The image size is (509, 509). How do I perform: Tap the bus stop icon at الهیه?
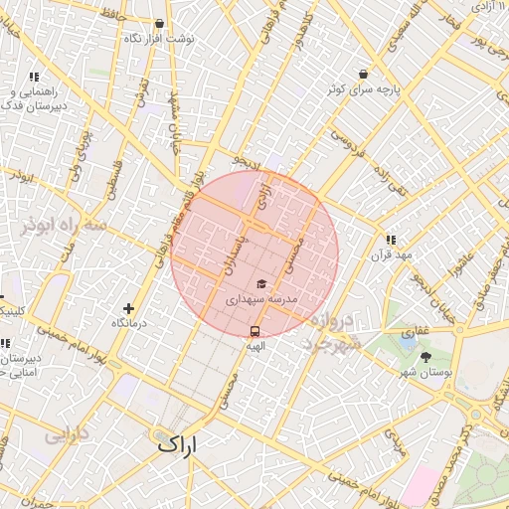[x=255, y=331]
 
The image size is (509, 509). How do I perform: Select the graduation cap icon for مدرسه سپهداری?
[x=260, y=284]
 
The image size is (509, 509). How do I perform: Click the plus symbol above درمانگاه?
[x=128, y=308]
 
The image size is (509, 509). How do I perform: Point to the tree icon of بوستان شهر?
[x=425, y=356]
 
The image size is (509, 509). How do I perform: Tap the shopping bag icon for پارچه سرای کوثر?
[x=363, y=74]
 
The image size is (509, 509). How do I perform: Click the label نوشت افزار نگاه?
[x=158, y=38]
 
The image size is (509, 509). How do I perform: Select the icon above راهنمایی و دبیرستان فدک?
[x=34, y=77]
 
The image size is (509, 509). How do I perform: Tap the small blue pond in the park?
[x=408, y=341]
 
